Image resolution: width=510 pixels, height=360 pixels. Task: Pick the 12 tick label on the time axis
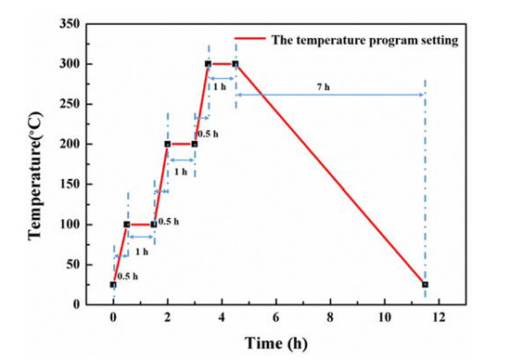pyautogui.click(x=439, y=316)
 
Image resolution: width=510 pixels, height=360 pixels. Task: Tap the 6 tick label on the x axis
pyautogui.click(x=276, y=316)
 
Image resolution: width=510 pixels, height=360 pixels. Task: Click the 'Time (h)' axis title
pyautogui.click(x=276, y=342)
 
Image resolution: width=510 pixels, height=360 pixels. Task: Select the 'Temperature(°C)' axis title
pyautogui.click(x=35, y=165)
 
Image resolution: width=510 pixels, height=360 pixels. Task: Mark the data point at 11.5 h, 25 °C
pyautogui.click(x=425, y=285)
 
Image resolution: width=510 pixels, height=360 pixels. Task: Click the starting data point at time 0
pyautogui.click(x=113, y=285)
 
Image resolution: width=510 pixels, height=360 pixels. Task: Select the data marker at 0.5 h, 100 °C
pyautogui.click(x=127, y=225)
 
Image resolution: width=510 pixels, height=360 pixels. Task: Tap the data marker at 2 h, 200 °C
pyautogui.click(x=168, y=144)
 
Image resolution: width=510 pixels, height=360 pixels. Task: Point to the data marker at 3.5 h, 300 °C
pyautogui.click(x=208, y=64)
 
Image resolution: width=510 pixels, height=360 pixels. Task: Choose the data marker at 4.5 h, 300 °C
pyautogui.click(x=236, y=64)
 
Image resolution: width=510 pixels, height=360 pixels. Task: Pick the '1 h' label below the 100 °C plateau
pyautogui.click(x=141, y=251)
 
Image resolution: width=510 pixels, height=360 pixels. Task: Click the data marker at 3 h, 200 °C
pyautogui.click(x=195, y=144)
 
